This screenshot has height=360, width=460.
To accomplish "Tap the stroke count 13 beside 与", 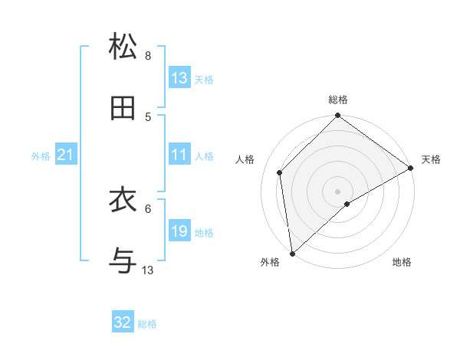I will point(148,270).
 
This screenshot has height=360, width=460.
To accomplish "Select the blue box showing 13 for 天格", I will point(179,77).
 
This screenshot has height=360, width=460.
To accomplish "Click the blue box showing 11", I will point(179,155).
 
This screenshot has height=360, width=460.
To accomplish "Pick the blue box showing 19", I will point(179,231).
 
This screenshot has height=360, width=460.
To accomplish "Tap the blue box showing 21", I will point(65,155).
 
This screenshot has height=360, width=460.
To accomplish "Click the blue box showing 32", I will point(123,322).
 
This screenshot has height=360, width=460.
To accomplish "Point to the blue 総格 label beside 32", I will point(147,324).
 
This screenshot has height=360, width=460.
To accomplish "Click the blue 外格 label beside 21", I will point(41,156).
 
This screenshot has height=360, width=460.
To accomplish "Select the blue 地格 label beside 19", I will point(204,233).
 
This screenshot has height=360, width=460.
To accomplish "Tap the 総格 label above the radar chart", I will point(338,100).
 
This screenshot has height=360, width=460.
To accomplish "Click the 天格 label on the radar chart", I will point(431,160).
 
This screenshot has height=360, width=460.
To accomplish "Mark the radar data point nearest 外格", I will point(292,254).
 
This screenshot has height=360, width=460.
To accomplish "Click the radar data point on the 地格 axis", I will point(347,204).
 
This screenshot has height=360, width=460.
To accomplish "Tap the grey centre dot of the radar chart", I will point(338,191).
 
